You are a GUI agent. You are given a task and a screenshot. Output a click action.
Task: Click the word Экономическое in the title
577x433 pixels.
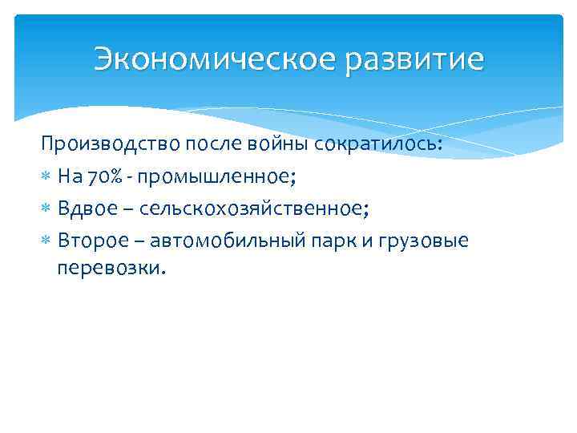pos(216,59)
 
